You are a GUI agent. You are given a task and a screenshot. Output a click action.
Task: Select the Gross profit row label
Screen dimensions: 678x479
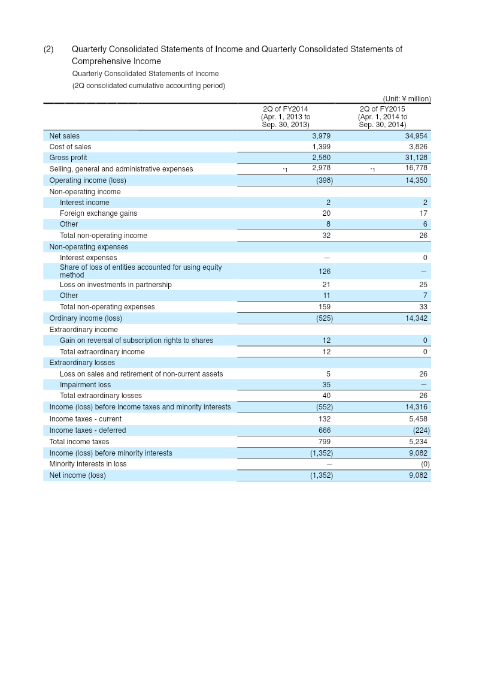point(68,158)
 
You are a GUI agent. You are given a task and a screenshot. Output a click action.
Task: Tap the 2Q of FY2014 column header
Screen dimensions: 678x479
point(286,117)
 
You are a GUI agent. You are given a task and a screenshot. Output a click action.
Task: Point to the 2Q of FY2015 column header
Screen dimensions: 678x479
point(383,117)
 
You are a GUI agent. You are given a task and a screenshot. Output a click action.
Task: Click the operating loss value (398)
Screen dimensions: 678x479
point(324,180)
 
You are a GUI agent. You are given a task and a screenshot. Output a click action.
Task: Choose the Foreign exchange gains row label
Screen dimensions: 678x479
point(98,213)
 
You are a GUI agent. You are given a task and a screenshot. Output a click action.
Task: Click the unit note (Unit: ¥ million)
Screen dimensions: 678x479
point(407,99)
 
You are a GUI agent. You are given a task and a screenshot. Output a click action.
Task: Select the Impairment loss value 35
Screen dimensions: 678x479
point(326,385)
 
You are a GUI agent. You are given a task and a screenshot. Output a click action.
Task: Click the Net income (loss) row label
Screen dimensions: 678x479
point(77,475)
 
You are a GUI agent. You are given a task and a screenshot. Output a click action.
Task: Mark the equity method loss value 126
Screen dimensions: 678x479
point(325,272)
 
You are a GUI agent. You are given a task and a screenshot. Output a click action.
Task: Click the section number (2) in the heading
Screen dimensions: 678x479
point(48,49)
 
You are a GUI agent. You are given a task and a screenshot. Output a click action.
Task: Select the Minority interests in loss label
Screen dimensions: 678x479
point(87,464)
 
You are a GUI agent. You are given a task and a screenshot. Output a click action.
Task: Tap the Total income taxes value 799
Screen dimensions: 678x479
point(325,441)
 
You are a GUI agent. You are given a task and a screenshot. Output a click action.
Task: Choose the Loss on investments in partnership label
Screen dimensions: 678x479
point(116,285)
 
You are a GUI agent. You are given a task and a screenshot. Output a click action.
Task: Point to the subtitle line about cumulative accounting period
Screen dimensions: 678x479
point(148,86)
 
